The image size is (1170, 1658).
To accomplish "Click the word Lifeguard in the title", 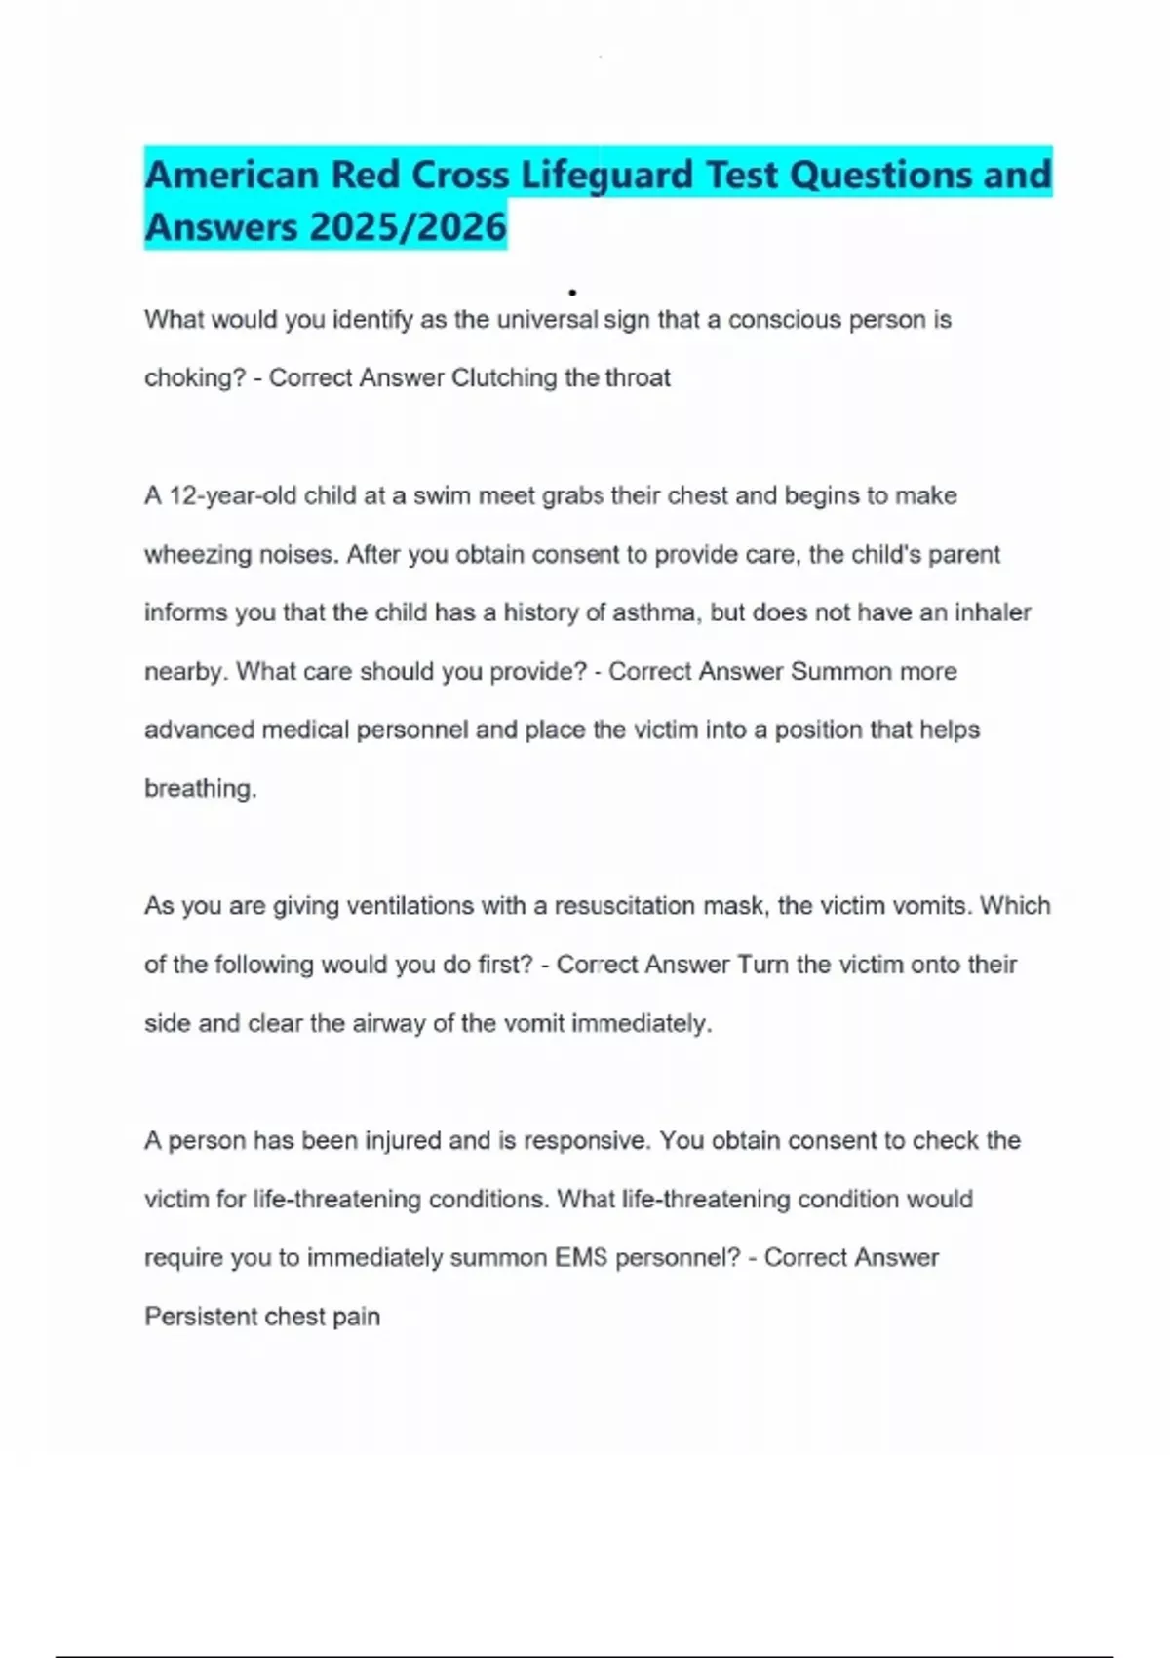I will (606, 176).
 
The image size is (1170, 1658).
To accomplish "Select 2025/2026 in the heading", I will (409, 227).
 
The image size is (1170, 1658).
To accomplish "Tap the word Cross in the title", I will (460, 176).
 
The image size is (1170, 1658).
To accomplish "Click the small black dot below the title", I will (572, 292).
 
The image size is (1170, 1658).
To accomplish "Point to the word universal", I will (547, 320).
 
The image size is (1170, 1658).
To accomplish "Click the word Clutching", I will (503, 378).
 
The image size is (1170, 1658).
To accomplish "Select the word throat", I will (638, 378).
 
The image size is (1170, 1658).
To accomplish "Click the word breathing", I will (200, 789).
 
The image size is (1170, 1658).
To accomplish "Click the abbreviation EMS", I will (581, 1258).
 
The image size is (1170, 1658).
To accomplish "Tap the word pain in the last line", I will (356, 1317).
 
